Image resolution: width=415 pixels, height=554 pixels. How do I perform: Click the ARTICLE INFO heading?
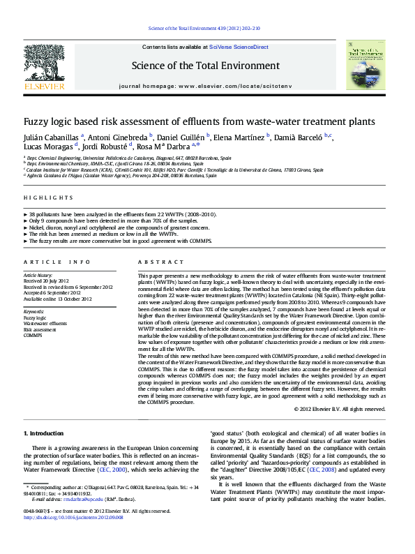tap(57, 262)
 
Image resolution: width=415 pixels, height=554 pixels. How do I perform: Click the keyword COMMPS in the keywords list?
tap(33, 336)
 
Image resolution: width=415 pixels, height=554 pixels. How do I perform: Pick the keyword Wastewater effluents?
tap(45, 324)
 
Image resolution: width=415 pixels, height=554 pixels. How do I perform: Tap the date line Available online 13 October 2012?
tap(58, 299)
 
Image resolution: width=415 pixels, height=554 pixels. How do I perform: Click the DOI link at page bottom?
tap(74, 517)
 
